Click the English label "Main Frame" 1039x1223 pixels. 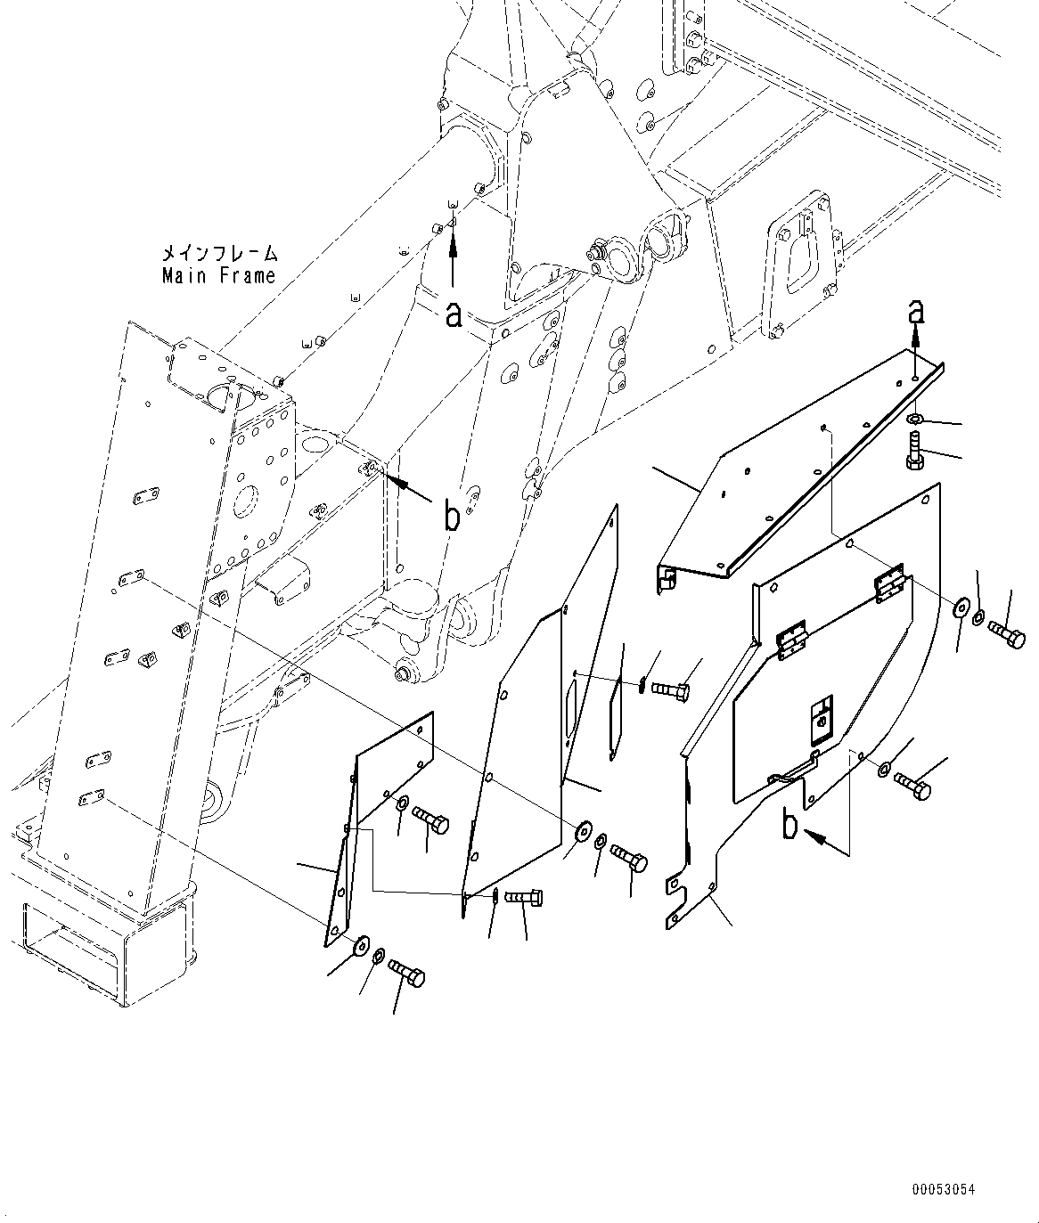[219, 276]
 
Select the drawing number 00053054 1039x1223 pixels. [943, 1189]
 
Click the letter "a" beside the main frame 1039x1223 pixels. [454, 314]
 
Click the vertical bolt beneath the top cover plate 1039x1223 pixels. [913, 447]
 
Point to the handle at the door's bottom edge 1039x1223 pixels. [794, 768]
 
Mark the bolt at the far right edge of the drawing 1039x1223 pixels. [1006, 635]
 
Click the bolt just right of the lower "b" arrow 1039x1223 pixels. [911, 785]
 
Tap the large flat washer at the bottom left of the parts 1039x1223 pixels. [361, 944]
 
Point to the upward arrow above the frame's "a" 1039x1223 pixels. [453, 251]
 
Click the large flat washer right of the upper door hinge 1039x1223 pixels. [961, 608]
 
